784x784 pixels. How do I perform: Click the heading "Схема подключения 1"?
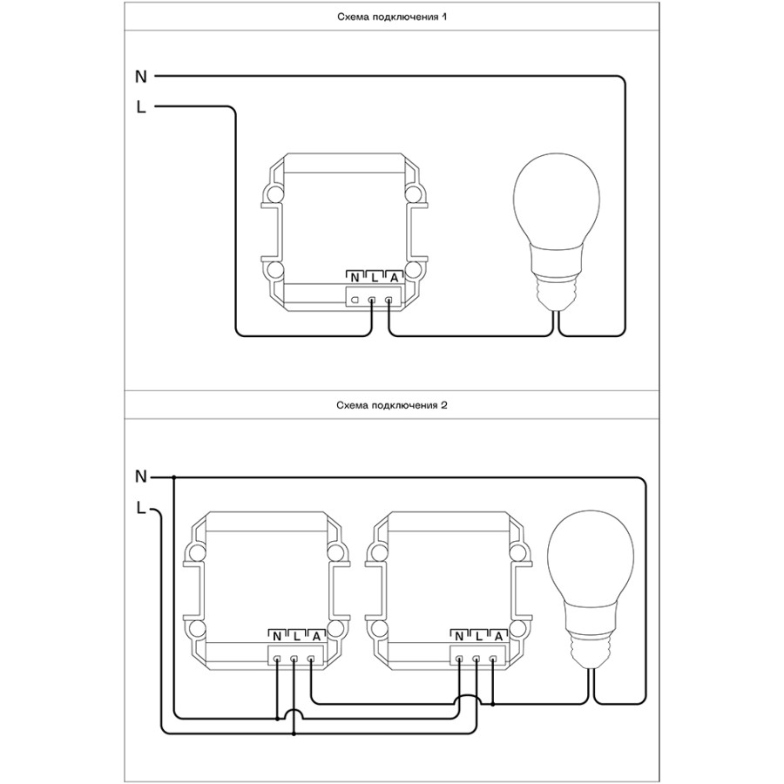coord(392,17)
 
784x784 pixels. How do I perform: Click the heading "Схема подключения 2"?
coord(392,405)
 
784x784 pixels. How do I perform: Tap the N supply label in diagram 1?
coord(141,77)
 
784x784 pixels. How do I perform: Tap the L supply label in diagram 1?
coord(141,106)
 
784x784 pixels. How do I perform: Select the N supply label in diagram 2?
coord(141,477)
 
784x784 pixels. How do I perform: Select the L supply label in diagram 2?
coord(141,509)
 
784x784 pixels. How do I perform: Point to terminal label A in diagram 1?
coord(394,278)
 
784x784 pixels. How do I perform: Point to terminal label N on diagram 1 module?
coord(355,278)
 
